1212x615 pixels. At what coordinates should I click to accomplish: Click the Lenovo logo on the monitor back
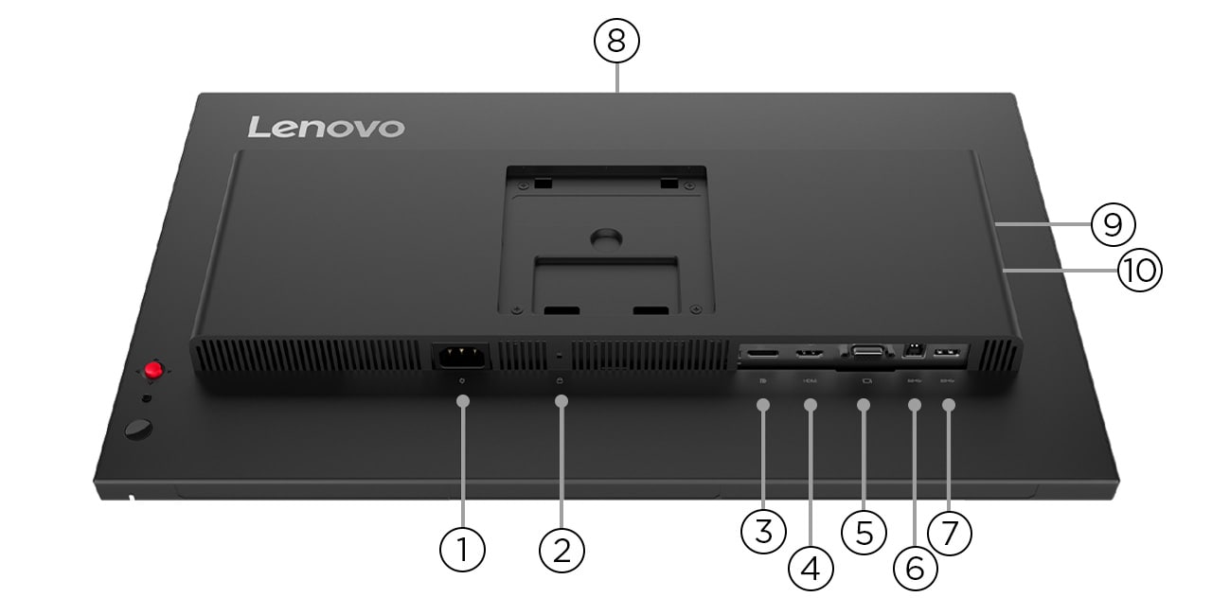click(x=326, y=127)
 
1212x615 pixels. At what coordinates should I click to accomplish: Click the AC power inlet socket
click(x=460, y=356)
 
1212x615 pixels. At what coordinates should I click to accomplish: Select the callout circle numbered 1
click(x=462, y=548)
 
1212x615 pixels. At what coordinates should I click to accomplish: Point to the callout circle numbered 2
click(x=561, y=548)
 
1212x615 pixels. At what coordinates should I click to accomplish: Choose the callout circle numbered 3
click(x=764, y=531)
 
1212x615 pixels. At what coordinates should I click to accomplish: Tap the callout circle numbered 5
click(x=864, y=531)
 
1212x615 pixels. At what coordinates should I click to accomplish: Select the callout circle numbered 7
click(x=950, y=531)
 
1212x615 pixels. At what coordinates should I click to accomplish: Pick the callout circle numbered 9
click(x=1113, y=224)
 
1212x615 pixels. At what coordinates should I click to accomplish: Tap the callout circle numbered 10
click(x=1139, y=271)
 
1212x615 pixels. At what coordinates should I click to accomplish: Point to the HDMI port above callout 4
click(x=809, y=354)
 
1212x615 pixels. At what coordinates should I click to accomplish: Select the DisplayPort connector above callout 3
click(x=761, y=354)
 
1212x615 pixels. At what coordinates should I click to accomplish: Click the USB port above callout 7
click(x=946, y=353)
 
